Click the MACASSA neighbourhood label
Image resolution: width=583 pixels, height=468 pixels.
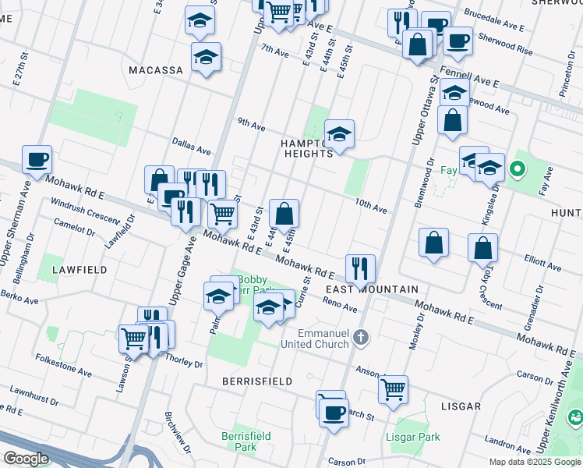coord(156,70)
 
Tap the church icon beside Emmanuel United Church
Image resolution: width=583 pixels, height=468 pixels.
coord(359,338)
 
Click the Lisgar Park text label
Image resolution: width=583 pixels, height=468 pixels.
coord(413,438)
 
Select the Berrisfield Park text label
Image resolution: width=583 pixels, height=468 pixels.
coord(239,441)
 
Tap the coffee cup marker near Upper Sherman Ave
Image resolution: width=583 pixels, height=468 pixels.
coord(37,160)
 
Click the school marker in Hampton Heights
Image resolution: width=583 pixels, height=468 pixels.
coord(339,134)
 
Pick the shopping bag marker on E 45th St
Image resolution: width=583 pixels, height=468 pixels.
coord(284,213)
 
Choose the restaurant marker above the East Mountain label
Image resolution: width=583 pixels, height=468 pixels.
coord(360,268)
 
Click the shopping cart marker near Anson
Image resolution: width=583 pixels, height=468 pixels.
coord(394,388)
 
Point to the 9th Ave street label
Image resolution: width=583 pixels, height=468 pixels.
coord(252,124)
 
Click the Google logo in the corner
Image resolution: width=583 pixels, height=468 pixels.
coord(25,459)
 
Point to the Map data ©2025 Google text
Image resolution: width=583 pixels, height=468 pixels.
coord(534,462)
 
